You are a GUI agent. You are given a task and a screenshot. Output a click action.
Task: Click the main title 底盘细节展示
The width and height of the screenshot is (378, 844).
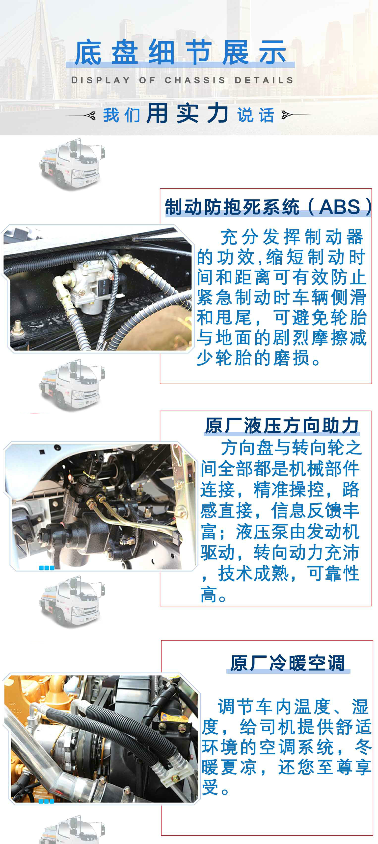(180, 52)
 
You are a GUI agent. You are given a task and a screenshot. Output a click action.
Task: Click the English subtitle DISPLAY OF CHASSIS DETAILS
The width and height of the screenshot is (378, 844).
(182, 80)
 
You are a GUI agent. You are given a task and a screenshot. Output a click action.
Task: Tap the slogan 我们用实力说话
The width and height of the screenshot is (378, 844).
(189, 114)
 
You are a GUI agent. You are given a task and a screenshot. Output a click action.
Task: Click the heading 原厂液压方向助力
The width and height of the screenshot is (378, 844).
(282, 426)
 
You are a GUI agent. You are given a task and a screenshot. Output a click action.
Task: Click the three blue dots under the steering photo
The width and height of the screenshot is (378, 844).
(47, 568)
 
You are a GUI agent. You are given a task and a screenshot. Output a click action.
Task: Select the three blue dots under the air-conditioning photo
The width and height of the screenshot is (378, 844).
(47, 801)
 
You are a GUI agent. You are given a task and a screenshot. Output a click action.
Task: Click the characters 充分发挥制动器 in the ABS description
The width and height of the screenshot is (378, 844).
(292, 237)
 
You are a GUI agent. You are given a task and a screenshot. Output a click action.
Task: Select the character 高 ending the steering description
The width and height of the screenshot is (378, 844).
(209, 595)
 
